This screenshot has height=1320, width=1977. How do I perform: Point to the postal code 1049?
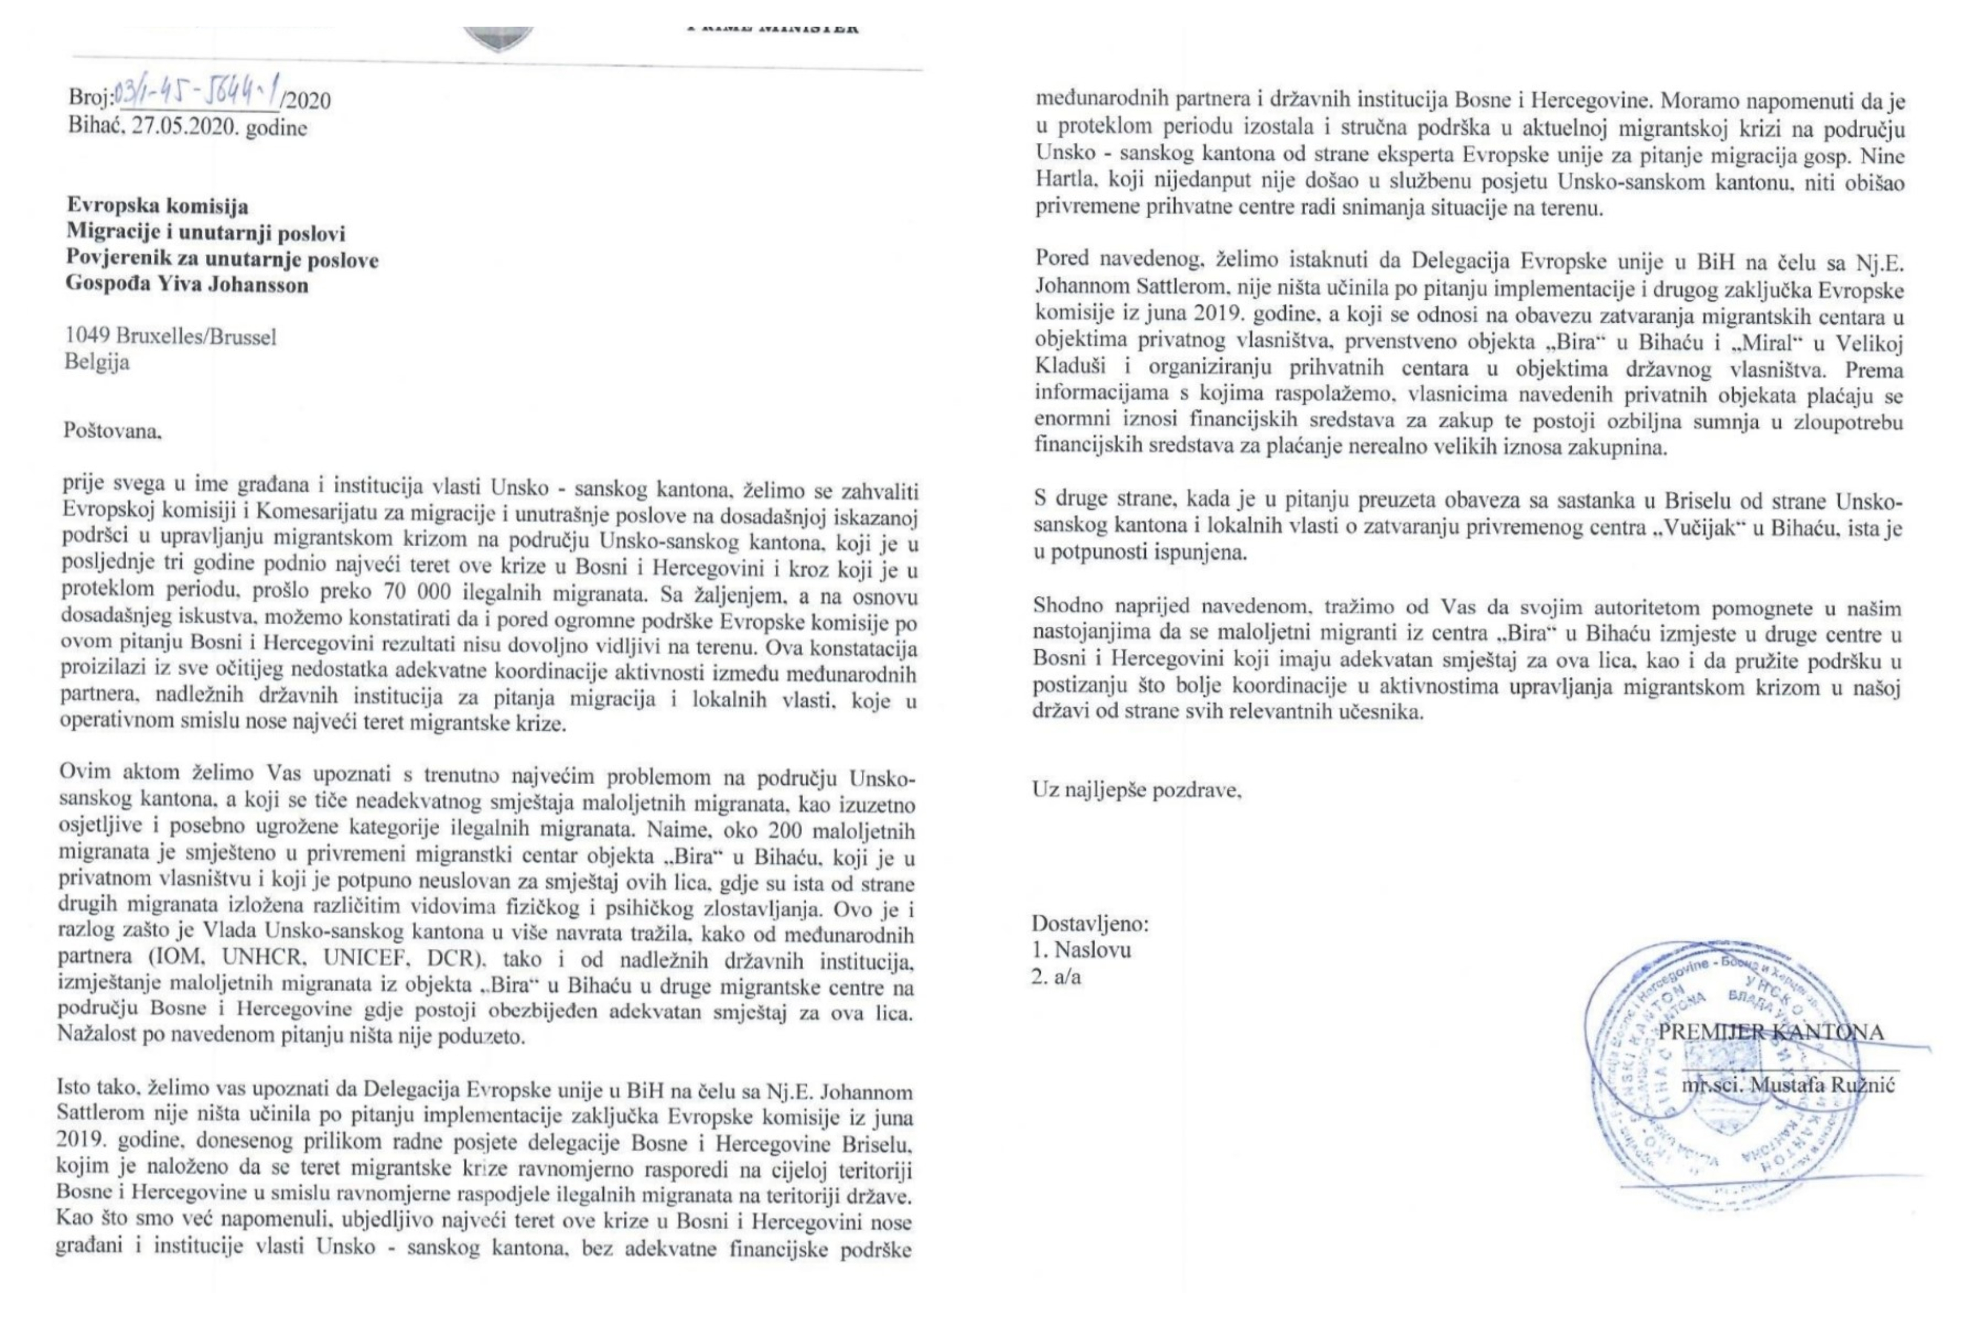pos(88,337)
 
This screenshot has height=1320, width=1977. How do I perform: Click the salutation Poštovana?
pos(112,431)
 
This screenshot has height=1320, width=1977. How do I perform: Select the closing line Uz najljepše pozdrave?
pos(1137,790)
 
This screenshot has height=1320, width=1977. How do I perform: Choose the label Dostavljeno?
pos(1090,923)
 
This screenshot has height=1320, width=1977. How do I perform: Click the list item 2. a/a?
pos(1056,977)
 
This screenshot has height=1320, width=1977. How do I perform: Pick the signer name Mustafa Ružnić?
pos(1821,1085)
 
